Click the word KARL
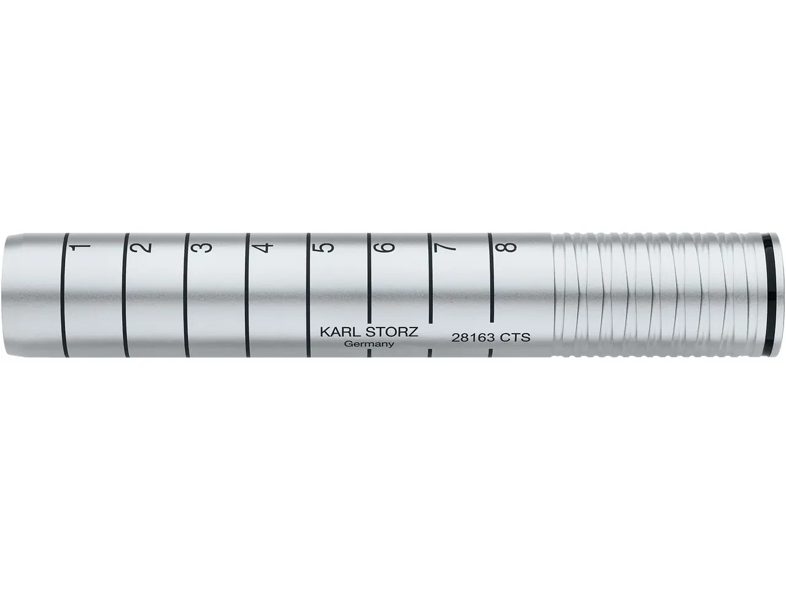(339, 332)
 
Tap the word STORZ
(391, 332)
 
